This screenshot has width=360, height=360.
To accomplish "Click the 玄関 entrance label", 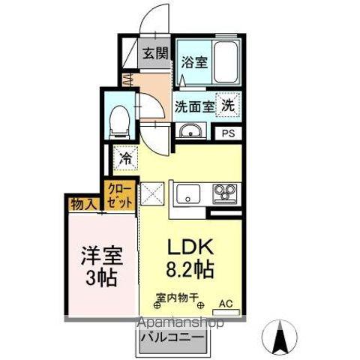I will pos(157,55).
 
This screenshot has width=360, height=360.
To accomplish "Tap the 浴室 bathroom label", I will pos(193,63).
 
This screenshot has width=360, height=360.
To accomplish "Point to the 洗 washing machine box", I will pos(227,106).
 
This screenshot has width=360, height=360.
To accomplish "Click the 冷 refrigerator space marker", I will pos(126,158).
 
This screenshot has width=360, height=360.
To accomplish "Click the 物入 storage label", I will pos(84,202).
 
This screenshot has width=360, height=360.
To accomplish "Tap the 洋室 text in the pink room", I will pos(99,255).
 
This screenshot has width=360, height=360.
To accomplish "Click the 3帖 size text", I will pos(99,279).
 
